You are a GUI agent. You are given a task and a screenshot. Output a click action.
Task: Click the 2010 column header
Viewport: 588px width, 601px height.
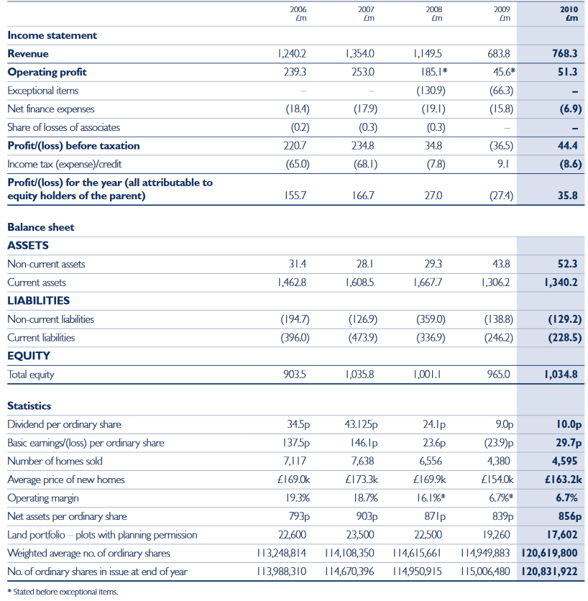pyautogui.click(x=569, y=14)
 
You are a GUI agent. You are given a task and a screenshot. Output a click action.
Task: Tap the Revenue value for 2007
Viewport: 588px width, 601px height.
pyautogui.click(x=360, y=54)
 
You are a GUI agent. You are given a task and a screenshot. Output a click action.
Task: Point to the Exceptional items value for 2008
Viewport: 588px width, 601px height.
pyautogui.click(x=431, y=91)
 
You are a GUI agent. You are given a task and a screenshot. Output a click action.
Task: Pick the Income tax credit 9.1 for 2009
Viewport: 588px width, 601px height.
pyautogui.click(x=504, y=164)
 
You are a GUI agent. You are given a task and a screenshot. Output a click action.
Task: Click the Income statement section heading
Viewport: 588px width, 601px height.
pyautogui.click(x=52, y=35)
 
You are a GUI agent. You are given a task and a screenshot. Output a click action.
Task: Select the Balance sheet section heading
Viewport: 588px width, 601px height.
pyautogui.click(x=41, y=227)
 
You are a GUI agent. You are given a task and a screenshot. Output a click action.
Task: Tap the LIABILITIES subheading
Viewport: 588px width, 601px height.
pyautogui.click(x=38, y=300)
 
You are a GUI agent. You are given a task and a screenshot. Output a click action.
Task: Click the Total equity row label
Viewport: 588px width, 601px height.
pyautogui.click(x=31, y=375)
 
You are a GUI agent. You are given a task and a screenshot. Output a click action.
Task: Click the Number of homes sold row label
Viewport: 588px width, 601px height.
pyautogui.click(x=55, y=461)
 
